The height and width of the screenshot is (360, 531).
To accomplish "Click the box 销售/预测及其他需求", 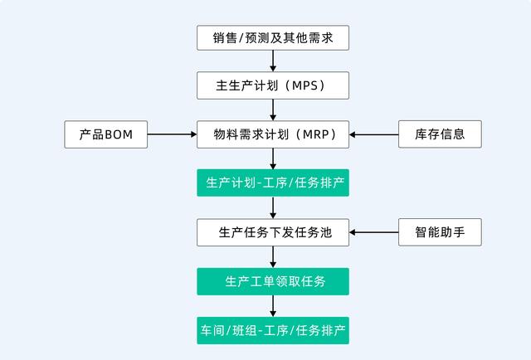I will pyautogui.click(x=273, y=37).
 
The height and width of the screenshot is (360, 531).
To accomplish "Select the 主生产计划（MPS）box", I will pyautogui.click(x=273, y=85).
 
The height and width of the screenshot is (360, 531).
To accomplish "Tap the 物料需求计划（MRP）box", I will pyautogui.click(x=273, y=134).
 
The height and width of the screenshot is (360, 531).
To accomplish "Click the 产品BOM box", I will pyautogui.click(x=106, y=134).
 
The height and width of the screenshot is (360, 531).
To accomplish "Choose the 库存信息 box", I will pyautogui.click(x=440, y=134).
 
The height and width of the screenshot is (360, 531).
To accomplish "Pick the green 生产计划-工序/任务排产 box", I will pyautogui.click(x=273, y=182).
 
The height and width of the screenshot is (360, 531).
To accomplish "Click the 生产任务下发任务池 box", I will pyautogui.click(x=273, y=232).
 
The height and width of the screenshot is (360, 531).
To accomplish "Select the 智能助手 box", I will pyautogui.click(x=440, y=232).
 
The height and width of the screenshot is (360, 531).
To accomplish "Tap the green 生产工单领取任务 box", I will pyautogui.click(x=273, y=281).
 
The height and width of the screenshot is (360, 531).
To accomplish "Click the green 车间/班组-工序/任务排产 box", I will pyautogui.click(x=273, y=330).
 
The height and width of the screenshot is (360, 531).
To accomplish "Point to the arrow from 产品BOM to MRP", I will pyautogui.click(x=172, y=134).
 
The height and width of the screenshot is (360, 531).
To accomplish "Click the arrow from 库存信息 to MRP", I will pyautogui.click(x=374, y=134).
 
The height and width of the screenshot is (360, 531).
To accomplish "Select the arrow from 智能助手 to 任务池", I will pyautogui.click(x=374, y=232).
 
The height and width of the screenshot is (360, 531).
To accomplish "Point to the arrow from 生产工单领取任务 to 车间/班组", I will pyautogui.click(x=273, y=305).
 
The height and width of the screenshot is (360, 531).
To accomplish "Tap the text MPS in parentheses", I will pyautogui.click(x=304, y=85).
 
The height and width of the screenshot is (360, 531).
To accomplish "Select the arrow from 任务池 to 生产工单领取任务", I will pyautogui.click(x=273, y=256).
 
